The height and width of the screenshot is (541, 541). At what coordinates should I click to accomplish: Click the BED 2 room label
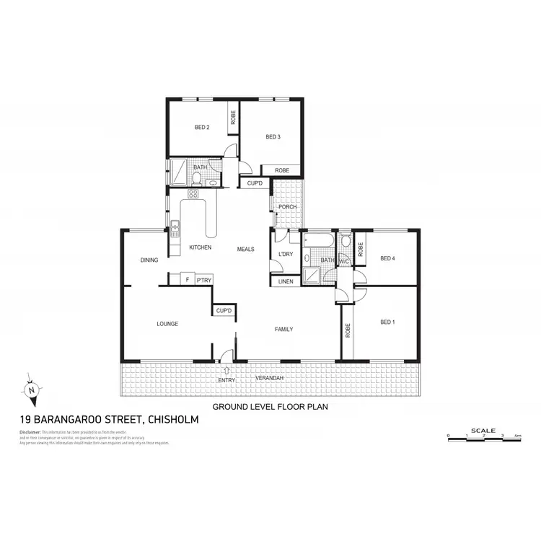[x=202, y=128]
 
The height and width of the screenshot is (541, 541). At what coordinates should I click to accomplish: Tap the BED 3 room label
[x=272, y=137]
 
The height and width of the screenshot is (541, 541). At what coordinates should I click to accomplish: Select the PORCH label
[x=288, y=207]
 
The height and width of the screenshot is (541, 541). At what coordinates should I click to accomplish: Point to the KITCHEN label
[x=200, y=248]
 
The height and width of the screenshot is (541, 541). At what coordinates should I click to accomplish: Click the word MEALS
[x=246, y=250]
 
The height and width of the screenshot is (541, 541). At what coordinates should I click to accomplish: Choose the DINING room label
[x=149, y=260]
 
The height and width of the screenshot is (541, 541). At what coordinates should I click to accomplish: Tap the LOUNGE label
[x=167, y=324]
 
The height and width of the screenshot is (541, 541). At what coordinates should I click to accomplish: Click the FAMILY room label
[x=283, y=330]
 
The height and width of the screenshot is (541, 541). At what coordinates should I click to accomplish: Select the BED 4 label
[x=388, y=258]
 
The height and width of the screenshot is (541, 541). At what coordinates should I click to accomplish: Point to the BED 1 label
[x=387, y=322]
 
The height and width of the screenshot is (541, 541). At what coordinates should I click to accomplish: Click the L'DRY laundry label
[x=284, y=254]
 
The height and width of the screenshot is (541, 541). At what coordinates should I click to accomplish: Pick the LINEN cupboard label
[x=286, y=281]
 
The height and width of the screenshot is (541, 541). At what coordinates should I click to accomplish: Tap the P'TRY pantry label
[x=203, y=279]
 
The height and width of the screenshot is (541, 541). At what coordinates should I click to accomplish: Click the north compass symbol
[x=32, y=390]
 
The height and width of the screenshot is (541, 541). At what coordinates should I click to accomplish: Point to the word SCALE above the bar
[x=483, y=431]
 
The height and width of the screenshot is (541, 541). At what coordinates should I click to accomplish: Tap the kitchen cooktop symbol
[x=193, y=193]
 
